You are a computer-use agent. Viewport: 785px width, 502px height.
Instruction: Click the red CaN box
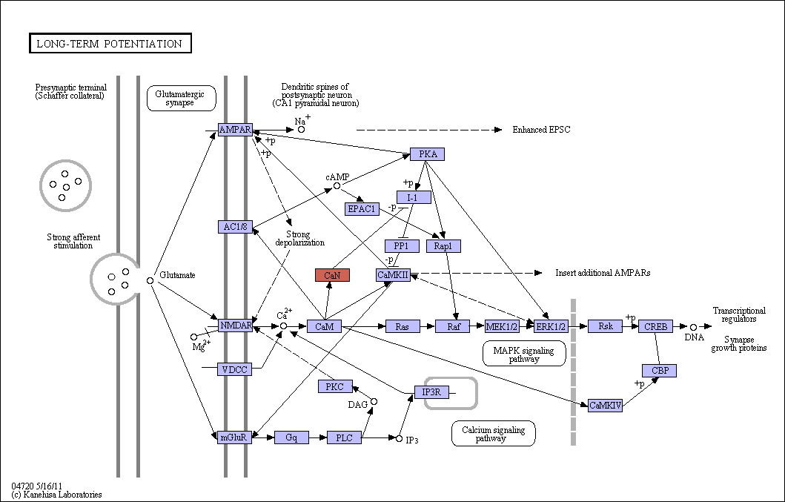pyautogui.click(x=332, y=275)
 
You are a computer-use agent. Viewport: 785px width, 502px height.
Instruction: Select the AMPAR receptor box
pyautogui.click(x=235, y=130)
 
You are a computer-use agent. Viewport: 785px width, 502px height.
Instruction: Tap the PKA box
pyautogui.click(x=427, y=153)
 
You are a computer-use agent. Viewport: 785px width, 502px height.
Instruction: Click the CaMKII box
pyautogui.click(x=393, y=274)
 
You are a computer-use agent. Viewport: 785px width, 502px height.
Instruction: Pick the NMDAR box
pyautogui.click(x=235, y=326)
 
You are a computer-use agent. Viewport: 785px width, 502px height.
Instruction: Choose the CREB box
pyautogui.click(x=655, y=327)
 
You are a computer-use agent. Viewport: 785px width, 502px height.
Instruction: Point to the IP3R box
pyautogui.click(x=431, y=392)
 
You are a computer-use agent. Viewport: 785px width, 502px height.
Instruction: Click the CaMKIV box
pyautogui.click(x=606, y=406)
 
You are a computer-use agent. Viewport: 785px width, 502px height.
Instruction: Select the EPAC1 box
pyautogui.click(x=362, y=209)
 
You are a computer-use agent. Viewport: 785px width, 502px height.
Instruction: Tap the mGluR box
pyautogui.click(x=235, y=437)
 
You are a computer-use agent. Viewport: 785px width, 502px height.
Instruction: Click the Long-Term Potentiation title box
pyautogui.click(x=110, y=43)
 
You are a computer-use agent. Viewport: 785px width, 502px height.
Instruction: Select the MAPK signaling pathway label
pyautogui.click(x=524, y=354)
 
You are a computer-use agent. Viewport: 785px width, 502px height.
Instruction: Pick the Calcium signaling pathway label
pyautogui.click(x=493, y=433)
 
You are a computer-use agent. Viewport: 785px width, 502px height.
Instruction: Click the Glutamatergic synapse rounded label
pyautogui.click(x=181, y=98)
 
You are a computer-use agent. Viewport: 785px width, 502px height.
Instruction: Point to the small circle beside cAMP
pyautogui.click(x=337, y=186)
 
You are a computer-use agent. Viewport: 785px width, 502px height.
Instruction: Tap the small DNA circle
pyautogui.click(x=693, y=327)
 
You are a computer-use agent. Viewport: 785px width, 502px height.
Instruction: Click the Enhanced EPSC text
pyautogui.click(x=541, y=130)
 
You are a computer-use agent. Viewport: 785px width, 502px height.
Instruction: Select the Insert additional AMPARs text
pyautogui.click(x=603, y=273)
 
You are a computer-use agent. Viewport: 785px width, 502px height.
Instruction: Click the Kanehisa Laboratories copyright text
pyautogui.click(x=56, y=495)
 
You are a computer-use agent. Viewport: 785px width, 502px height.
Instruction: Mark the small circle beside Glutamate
pyautogui.click(x=150, y=280)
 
